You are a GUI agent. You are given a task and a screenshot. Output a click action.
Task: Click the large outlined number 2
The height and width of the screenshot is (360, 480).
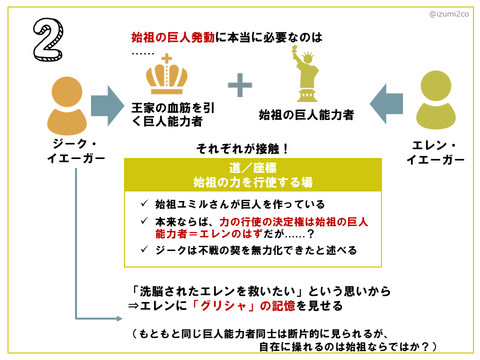pos(49,39)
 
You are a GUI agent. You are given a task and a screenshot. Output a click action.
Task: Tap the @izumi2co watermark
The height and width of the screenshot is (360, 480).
pos(449,14)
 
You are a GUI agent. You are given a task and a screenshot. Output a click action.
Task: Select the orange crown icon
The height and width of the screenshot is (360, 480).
pos(167,74)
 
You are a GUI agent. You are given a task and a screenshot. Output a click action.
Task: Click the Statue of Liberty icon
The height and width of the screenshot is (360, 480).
pos(306,74)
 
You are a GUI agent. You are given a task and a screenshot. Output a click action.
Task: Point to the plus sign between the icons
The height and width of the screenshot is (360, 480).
pos(240,85)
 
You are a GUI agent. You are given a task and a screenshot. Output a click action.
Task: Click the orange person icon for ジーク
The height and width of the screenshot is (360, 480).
pos(67,106)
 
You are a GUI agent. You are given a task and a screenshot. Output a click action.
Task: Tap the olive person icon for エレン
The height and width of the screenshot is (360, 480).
pos(436,100)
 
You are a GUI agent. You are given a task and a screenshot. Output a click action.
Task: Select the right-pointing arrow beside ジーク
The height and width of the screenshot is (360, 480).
pos(107,106)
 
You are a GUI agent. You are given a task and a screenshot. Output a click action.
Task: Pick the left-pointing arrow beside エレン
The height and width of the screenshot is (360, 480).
pos(386,104)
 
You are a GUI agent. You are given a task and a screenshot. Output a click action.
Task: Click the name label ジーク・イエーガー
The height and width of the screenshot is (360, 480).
pos(76,151)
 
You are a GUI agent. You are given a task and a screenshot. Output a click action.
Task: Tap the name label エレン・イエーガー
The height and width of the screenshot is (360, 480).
pos(435,153)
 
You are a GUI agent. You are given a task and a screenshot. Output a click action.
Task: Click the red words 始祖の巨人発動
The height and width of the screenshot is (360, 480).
pos(173,37)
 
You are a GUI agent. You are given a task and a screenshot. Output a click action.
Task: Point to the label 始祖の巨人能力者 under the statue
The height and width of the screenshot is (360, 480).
pos(306,115)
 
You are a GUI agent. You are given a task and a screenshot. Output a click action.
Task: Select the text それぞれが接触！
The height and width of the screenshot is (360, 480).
pos(242,149)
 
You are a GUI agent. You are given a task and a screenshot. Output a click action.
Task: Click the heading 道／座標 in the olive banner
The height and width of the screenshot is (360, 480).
pos(253,168)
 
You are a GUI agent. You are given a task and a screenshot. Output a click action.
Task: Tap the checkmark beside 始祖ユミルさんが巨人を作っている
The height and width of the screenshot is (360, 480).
pos(144,203)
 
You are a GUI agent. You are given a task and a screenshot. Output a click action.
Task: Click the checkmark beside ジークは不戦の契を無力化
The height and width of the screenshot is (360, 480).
pos(144,249)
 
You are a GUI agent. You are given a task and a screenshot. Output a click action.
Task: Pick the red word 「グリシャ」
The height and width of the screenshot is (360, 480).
pos(224,306)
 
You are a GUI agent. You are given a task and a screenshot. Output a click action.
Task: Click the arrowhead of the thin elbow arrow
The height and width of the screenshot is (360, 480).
pos(120,319)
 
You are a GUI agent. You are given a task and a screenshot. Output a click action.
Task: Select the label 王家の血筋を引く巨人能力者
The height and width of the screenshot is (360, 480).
pos(173,115)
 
